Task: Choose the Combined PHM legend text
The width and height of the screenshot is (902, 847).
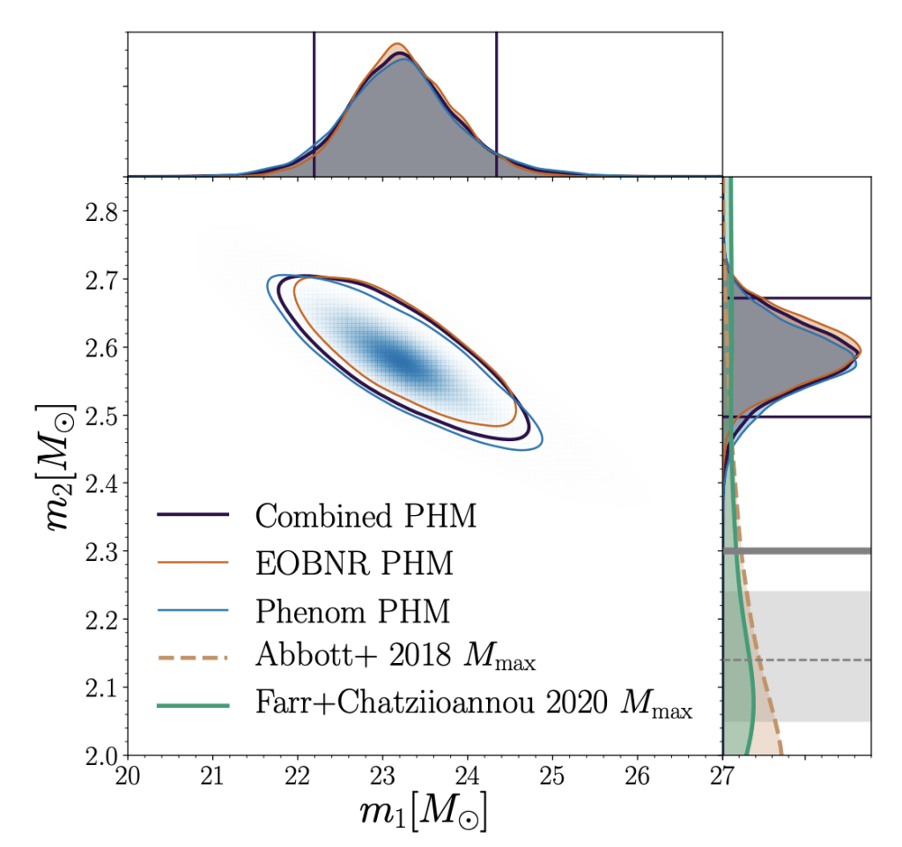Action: (366, 515)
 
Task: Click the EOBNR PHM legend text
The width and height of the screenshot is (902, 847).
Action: (355, 562)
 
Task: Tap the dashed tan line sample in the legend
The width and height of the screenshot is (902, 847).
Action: (193, 657)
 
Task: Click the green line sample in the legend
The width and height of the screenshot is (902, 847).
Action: (193, 705)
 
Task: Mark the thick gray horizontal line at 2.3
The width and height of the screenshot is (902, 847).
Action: (797, 551)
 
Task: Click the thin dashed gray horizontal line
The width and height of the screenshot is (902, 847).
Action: (797, 659)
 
